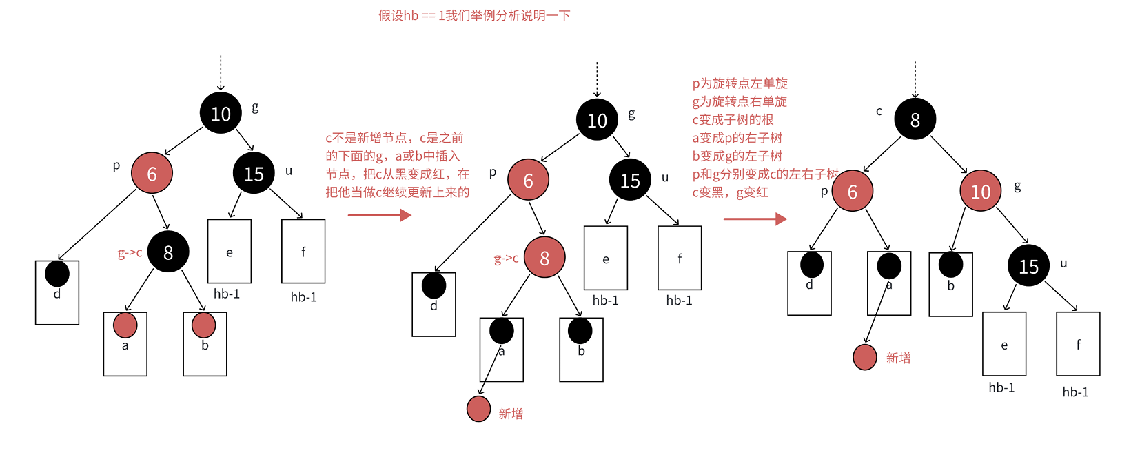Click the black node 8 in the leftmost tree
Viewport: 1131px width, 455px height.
tap(167, 252)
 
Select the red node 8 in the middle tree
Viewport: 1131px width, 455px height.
tap(544, 257)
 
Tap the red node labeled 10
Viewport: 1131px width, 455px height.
tap(980, 191)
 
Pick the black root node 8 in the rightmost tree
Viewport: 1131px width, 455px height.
tap(915, 119)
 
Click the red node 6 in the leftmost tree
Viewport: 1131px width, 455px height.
tap(152, 173)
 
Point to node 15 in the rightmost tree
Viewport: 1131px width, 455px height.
tap(1028, 265)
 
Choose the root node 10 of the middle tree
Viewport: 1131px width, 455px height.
tap(597, 120)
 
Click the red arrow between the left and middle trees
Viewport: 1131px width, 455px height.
tap(379, 215)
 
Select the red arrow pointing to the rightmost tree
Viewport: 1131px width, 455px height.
tap(755, 219)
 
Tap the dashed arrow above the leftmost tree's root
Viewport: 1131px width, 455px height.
tap(221, 72)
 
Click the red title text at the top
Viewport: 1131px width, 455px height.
tap(474, 15)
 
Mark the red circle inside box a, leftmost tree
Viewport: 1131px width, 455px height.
tap(125, 325)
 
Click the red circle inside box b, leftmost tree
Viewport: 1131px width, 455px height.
tap(204, 325)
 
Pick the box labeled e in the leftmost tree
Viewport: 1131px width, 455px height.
tap(230, 252)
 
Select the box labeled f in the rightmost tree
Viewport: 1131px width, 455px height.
tap(1078, 344)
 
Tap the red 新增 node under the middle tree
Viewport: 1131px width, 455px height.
tap(478, 409)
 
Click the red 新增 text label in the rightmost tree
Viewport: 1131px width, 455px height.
tap(898, 358)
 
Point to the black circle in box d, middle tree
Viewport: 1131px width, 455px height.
tap(434, 285)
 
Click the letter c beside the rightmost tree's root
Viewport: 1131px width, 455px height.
tap(879, 111)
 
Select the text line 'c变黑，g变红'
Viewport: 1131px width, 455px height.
tap(730, 192)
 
